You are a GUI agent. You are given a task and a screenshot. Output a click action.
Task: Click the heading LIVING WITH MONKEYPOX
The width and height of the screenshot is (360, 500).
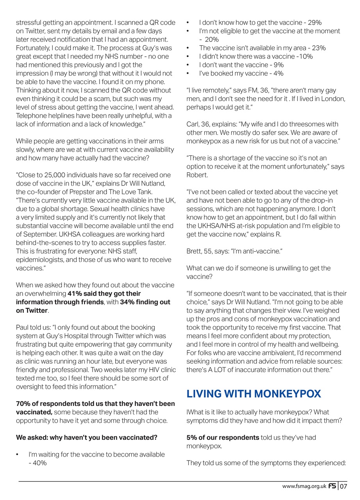click(x=253, y=394)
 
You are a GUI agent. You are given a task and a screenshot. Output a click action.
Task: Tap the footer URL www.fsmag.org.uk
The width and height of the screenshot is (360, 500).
click(x=304, y=486)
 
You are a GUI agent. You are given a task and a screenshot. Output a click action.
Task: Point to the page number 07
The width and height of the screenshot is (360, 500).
click(x=343, y=486)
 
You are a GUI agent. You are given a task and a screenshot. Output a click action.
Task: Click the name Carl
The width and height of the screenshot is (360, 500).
click(x=193, y=124)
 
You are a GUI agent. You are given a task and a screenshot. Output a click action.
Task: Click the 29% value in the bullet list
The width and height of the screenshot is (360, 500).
click(x=314, y=23)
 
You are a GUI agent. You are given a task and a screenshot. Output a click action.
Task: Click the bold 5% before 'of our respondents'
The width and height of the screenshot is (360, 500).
click(x=192, y=437)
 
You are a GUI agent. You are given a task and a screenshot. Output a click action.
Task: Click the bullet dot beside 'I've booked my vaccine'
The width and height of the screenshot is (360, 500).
click(x=188, y=73)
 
